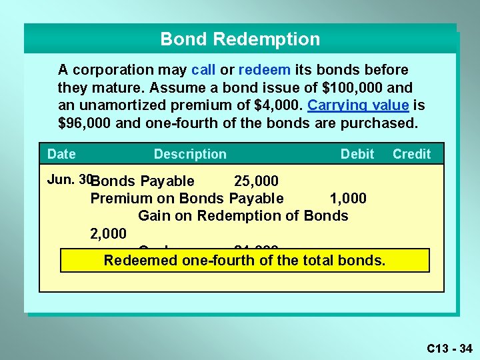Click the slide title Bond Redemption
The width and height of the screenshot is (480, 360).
tap(240, 39)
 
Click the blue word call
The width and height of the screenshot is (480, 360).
tap(203, 70)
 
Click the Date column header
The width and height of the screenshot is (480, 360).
tap(61, 154)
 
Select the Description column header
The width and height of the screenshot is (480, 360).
tap(190, 154)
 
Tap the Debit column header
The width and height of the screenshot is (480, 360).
tap(357, 154)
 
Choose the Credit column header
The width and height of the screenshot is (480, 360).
tap(411, 154)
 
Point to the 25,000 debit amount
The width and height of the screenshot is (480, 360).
tap(256, 181)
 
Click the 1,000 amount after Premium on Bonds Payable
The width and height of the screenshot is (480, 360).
tap(348, 198)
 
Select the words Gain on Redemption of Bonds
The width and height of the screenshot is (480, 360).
tap(243, 215)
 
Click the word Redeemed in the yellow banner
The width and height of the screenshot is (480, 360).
tap(140, 260)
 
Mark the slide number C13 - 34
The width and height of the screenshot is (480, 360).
tap(449, 348)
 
